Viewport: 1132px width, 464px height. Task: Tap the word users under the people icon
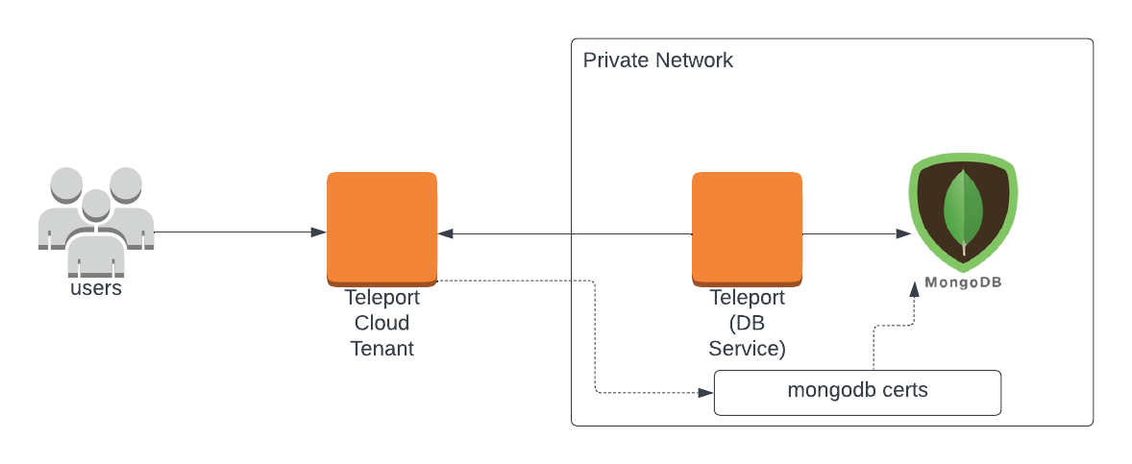coord(96,287)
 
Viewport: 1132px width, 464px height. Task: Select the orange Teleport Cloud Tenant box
coord(381,228)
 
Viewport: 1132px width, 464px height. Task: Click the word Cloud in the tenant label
coord(381,323)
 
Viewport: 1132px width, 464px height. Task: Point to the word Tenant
coord(381,348)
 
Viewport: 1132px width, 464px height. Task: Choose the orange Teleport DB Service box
coord(747,228)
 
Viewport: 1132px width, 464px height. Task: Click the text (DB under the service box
coord(747,323)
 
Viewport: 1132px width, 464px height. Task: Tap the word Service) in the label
coord(747,348)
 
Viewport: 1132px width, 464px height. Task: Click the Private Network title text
coord(657,61)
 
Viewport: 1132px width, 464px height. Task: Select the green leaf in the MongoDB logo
coord(963,209)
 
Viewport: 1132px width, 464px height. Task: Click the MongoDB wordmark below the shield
coord(963,282)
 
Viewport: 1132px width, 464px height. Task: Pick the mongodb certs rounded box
coord(857,392)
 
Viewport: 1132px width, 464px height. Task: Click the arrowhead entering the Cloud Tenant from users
coord(318,232)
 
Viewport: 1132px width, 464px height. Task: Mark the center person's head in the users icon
coord(95,204)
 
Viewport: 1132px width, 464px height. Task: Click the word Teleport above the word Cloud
coord(381,298)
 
